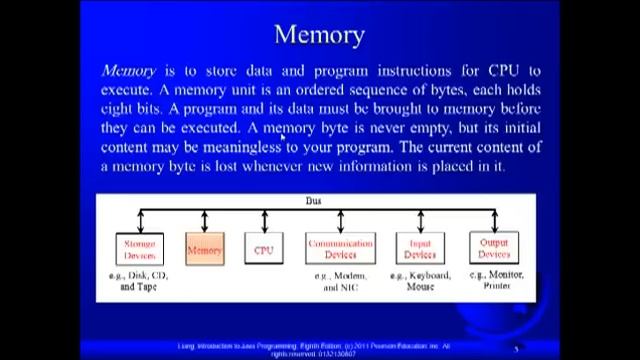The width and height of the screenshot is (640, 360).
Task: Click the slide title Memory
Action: point(319,34)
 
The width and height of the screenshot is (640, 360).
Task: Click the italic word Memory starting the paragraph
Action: point(128,71)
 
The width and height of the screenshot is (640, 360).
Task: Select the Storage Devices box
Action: point(139,248)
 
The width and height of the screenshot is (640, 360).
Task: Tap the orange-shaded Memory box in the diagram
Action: point(204,249)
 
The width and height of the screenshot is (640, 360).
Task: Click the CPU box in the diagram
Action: point(263,249)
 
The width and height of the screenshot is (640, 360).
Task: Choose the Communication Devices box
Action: point(340,248)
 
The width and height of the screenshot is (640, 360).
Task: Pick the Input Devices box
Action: point(420,248)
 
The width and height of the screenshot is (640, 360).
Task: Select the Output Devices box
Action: point(494,247)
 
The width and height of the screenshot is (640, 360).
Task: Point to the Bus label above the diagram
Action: point(313,201)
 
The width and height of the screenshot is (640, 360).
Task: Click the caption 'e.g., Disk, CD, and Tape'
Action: point(139,280)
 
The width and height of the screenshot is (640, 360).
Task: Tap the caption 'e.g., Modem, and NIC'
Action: point(340,281)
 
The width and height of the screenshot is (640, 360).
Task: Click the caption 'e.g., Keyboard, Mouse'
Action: point(420,281)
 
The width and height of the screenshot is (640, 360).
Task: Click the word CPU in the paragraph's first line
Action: point(503,71)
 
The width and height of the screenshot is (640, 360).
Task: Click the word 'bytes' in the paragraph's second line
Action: point(428,90)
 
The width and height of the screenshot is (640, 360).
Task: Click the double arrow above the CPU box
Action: point(264,221)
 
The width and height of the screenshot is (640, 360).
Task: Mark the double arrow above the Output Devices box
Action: point(494,220)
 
